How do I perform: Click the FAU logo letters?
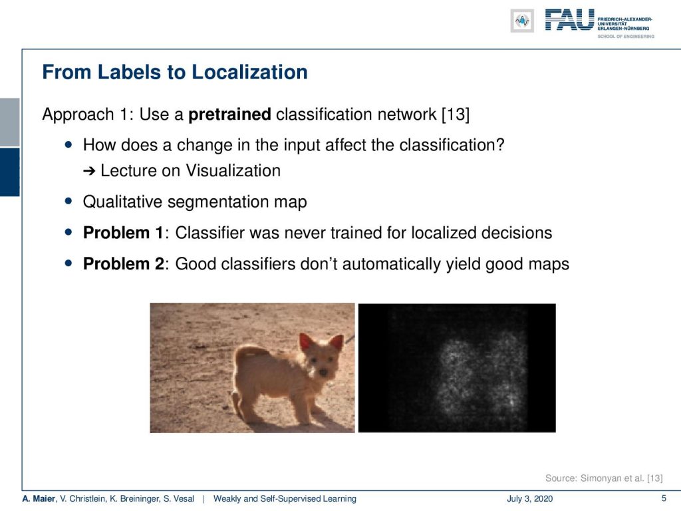[569, 20]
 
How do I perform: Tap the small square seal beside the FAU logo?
[522, 21]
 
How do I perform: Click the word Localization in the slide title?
[250, 72]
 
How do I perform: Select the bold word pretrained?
[229, 114]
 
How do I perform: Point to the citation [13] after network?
[456, 114]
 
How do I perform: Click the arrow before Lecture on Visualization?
[89, 171]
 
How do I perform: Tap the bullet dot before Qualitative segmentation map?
[68, 201]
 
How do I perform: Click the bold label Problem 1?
[123, 233]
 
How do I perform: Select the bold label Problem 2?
[123, 263]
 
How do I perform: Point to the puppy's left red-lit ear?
[307, 343]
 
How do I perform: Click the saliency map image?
[456, 368]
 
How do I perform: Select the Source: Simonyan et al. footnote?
[604, 478]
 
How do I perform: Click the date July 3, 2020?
[529, 498]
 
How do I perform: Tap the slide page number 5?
[664, 498]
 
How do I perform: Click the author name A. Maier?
[39, 498]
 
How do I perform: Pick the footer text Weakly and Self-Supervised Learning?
[285, 498]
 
